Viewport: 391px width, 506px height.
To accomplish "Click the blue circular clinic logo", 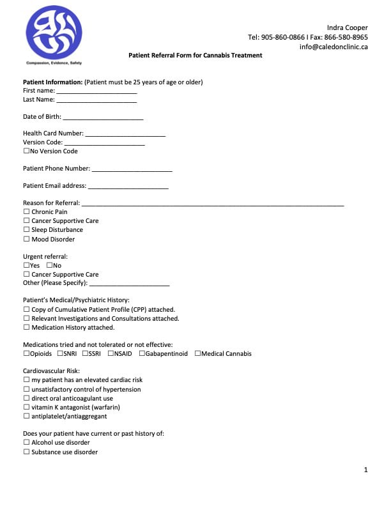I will click(x=54, y=33).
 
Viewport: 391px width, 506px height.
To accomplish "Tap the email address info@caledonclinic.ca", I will click(x=333, y=47).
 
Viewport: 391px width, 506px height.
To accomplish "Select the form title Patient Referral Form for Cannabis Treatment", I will click(x=195, y=56).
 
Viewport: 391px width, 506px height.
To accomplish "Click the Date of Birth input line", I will click(x=103, y=118).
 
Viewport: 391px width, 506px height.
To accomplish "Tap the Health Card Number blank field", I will click(x=125, y=135).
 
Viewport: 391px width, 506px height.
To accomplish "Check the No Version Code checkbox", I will click(x=26, y=151).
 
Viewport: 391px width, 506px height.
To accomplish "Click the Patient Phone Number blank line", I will click(x=132, y=170).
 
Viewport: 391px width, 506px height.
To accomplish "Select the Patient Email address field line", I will click(x=128, y=187).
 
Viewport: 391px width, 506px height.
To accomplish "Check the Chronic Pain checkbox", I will click(x=26, y=212).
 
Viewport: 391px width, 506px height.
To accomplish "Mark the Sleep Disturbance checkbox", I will click(x=26, y=230).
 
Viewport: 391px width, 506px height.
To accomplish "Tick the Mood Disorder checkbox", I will click(x=26, y=240).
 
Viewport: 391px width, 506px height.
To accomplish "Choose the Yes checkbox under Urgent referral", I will click(x=26, y=266).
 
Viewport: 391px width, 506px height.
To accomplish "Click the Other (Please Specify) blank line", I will click(x=129, y=284).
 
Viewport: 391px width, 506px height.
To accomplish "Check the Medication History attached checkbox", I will click(x=26, y=328).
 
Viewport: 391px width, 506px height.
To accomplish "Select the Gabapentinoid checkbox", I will click(x=141, y=354).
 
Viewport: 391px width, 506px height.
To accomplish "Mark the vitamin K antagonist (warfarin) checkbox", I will click(x=26, y=408).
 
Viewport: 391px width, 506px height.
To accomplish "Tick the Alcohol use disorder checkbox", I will click(x=26, y=443).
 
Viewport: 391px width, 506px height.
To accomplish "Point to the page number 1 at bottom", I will click(x=366, y=470).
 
